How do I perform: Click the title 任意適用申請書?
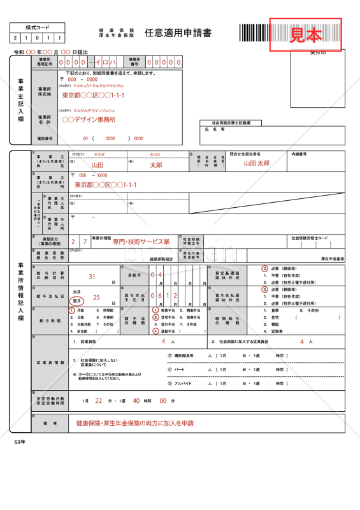(x=178, y=33)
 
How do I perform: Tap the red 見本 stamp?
(x=306, y=34)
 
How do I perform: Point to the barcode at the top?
(x=255, y=33)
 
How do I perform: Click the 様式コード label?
(x=37, y=28)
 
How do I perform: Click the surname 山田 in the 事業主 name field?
(x=97, y=164)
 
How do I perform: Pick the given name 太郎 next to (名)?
(x=156, y=164)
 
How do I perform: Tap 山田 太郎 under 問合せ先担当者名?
(x=257, y=163)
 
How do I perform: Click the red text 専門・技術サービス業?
(x=141, y=242)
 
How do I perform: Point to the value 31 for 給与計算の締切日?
(x=92, y=277)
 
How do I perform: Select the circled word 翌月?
(x=77, y=300)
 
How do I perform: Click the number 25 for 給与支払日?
(x=96, y=297)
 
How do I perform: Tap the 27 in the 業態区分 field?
(x=79, y=242)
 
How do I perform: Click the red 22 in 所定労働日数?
(x=98, y=400)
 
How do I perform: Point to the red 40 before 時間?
(x=136, y=400)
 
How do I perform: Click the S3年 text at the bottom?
(x=20, y=441)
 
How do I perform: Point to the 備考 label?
(x=50, y=423)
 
